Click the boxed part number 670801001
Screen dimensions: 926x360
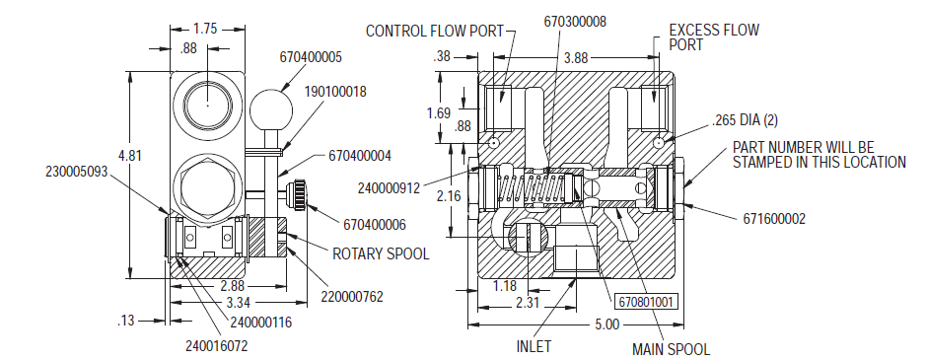646,302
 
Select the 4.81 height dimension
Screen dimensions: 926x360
130,156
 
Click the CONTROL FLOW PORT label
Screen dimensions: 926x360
435,31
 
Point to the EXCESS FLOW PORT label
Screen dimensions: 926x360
714,37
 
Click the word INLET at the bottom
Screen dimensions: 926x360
534,346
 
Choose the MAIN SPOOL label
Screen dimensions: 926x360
671,349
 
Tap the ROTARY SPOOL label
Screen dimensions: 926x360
381,254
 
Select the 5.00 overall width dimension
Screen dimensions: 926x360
607,324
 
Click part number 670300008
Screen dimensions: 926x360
575,22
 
